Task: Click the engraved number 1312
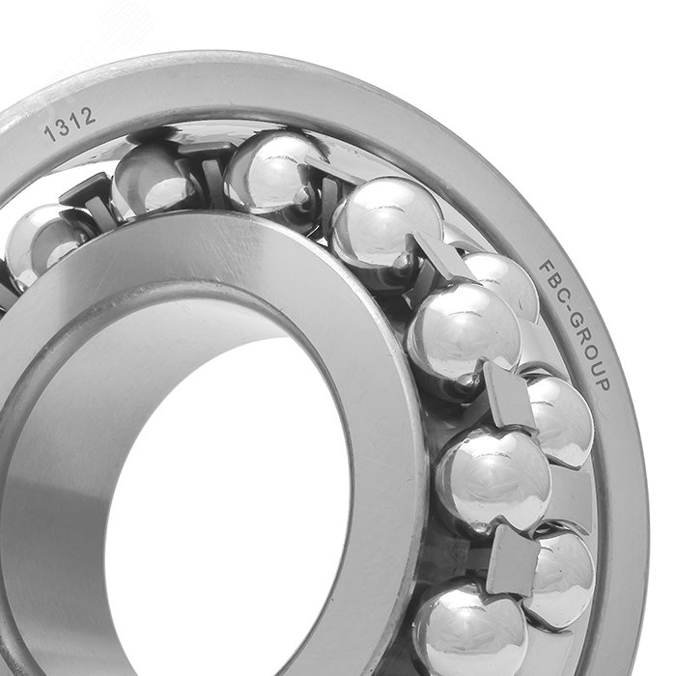pos(70,125)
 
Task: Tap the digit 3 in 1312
pos(63,127)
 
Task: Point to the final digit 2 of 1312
pos(88,116)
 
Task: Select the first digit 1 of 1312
pos(50,133)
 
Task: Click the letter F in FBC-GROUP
pos(547,268)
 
